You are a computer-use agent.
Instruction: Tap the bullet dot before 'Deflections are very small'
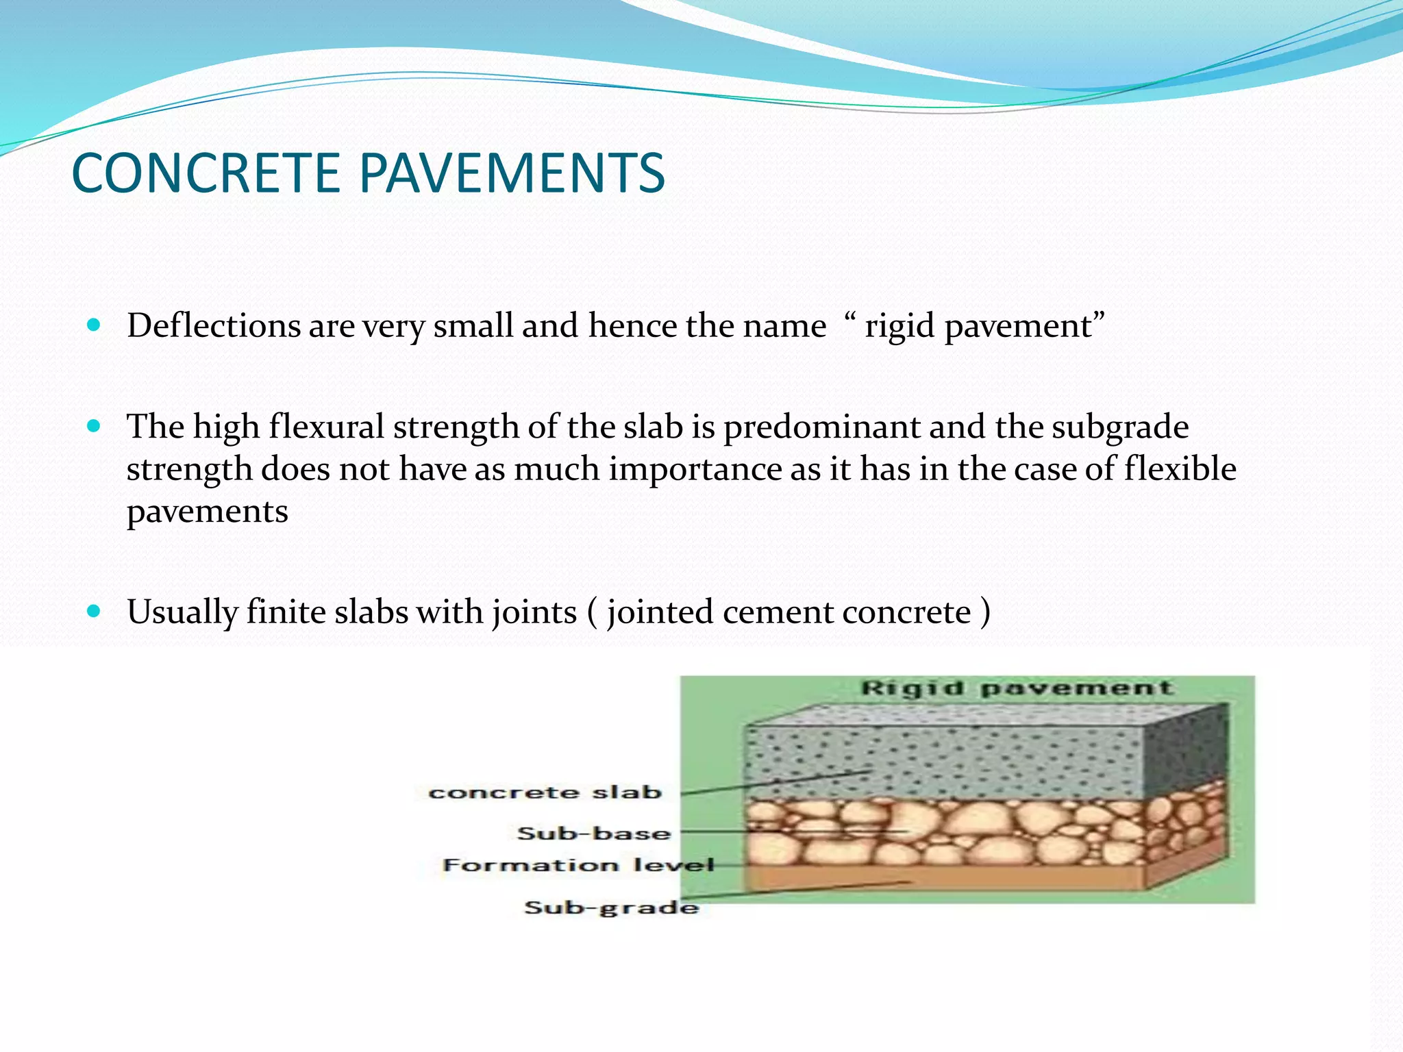(94, 324)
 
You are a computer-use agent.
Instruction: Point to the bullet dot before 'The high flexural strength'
(94, 426)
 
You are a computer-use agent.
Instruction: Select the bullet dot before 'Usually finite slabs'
(94, 610)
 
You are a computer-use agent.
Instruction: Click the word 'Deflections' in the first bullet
(213, 325)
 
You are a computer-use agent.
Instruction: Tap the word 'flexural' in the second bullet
(326, 427)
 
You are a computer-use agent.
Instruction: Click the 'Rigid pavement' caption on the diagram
(1017, 688)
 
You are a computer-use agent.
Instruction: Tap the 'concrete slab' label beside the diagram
(545, 792)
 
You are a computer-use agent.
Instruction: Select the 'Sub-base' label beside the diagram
(593, 834)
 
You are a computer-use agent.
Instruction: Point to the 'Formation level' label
(578, 865)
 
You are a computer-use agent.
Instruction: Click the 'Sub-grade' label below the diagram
(611, 907)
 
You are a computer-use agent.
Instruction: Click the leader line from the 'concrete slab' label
(774, 784)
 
